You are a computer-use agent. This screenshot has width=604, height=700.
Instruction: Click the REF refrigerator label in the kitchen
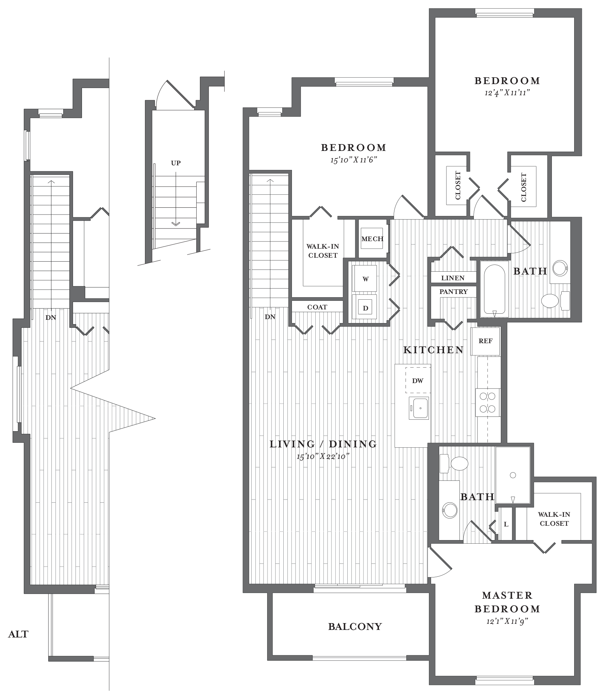click(x=485, y=341)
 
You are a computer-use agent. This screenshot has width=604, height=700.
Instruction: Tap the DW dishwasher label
click(x=418, y=381)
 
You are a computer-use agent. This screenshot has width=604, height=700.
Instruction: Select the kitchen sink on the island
click(x=419, y=409)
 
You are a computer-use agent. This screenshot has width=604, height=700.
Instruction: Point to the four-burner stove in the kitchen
click(x=488, y=402)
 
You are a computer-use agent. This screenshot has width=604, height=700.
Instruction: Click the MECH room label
click(x=372, y=239)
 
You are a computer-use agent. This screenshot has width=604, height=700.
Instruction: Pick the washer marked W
click(x=365, y=278)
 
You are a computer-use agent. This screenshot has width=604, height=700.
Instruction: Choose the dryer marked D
click(x=365, y=307)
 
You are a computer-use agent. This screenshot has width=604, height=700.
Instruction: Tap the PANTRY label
click(x=454, y=292)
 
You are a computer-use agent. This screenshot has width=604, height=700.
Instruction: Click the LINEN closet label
click(x=453, y=278)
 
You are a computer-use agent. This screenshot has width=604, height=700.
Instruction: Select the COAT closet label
click(x=317, y=307)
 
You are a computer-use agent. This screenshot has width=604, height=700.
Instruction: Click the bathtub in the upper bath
click(x=495, y=290)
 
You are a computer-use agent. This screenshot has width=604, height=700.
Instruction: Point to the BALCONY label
click(x=355, y=626)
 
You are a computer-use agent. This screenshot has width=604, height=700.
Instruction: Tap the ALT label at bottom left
click(x=18, y=634)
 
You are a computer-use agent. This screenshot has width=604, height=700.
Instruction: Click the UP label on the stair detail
click(x=176, y=163)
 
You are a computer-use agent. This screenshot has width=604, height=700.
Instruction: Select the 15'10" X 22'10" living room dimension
click(x=323, y=457)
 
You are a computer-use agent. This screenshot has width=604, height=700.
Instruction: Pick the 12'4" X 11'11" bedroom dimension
click(x=507, y=93)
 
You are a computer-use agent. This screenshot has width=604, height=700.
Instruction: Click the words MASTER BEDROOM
click(x=507, y=602)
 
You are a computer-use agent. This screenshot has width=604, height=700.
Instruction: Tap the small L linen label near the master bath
click(x=506, y=524)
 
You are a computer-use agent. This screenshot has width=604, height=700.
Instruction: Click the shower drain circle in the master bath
click(x=513, y=475)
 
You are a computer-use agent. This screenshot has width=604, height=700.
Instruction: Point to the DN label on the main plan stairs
click(x=270, y=317)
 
